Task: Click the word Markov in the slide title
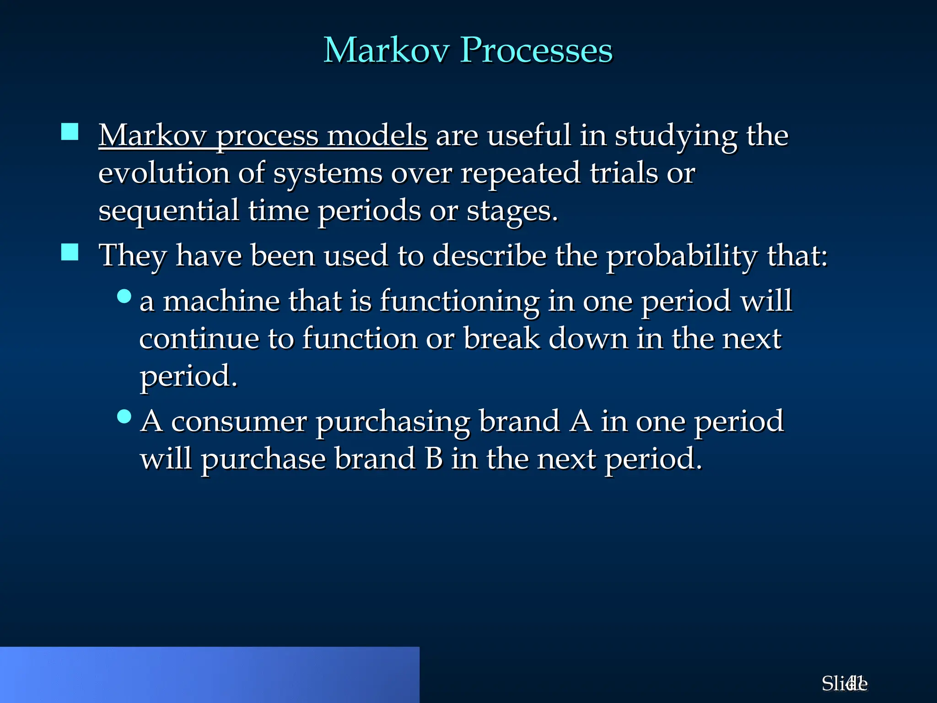[x=387, y=50]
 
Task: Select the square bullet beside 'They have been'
[x=70, y=252]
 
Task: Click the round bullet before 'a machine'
[x=124, y=297]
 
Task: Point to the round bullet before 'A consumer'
[x=124, y=416]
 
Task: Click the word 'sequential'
[x=168, y=211]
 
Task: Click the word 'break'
[x=501, y=339]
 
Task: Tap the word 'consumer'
[x=238, y=422]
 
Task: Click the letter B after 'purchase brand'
[x=433, y=459]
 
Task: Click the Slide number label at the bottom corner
[x=844, y=684]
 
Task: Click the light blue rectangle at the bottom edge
[x=210, y=675]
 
